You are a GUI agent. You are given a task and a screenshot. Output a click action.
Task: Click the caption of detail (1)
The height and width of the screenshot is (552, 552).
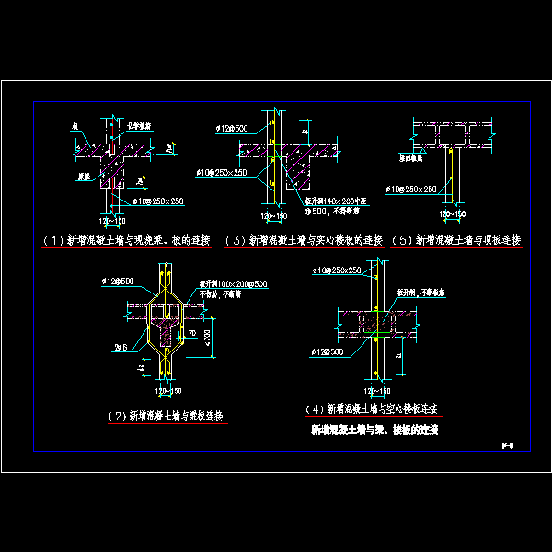pyautogui.click(x=126, y=241)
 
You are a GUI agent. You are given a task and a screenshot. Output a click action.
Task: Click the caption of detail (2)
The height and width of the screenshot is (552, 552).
pyautogui.click(x=168, y=415)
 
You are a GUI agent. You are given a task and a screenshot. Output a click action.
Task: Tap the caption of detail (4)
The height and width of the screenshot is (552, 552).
pyautogui.click(x=370, y=408)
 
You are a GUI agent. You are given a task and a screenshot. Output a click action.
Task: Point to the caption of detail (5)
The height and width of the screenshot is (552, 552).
pyautogui.click(x=455, y=240)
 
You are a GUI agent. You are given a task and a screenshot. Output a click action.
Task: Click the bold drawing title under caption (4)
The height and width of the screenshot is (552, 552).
pyautogui.click(x=373, y=429)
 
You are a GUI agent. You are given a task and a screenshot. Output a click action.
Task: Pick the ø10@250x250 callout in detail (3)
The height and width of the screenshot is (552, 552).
pyautogui.click(x=221, y=172)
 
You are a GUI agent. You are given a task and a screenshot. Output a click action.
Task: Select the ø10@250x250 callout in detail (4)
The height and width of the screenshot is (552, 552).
pyautogui.click(x=337, y=270)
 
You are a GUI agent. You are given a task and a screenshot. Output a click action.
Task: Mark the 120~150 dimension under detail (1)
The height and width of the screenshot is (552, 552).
pyautogui.click(x=110, y=220)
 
